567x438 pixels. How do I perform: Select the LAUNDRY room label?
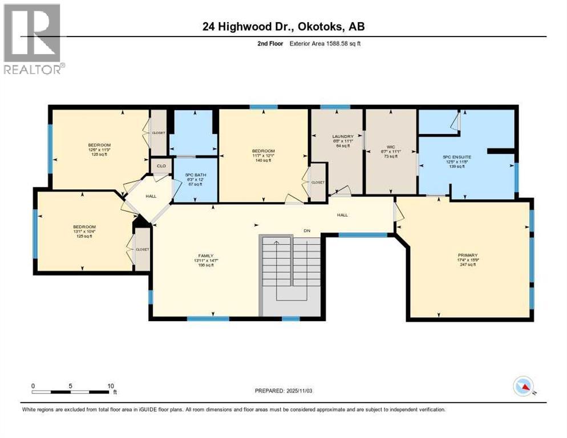[343, 136]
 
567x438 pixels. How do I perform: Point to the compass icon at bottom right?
[524, 387]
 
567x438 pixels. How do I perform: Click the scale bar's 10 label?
[110, 386]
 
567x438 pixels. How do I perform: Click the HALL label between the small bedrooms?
[151, 196]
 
